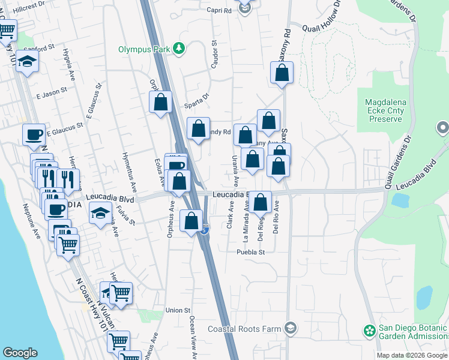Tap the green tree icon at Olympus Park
pyautogui.click(x=178, y=49)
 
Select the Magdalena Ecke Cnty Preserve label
pyautogui.click(x=386, y=110)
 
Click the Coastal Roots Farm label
pyautogui.click(x=245, y=329)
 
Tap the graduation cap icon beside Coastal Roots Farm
pyautogui.click(x=291, y=328)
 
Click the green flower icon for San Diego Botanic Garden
pyautogui.click(x=369, y=330)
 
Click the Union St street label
pyautogui.click(x=178, y=310)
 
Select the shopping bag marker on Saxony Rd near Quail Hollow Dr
pyautogui.click(x=282, y=73)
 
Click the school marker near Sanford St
pyautogui.click(x=27, y=61)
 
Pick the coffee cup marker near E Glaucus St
pyautogui.click(x=34, y=134)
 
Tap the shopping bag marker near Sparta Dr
pyautogui.click(x=160, y=102)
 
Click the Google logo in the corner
pyautogui.click(x=20, y=353)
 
